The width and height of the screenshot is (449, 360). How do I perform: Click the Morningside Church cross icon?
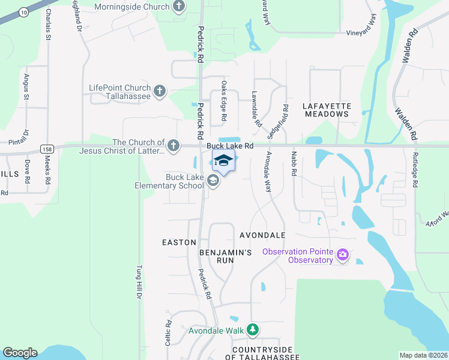click(x=178, y=7)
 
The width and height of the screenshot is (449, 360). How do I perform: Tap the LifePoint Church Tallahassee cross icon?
click(x=159, y=91)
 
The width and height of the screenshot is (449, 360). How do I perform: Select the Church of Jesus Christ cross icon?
click(x=173, y=145)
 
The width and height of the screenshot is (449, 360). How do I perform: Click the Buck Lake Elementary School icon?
click(x=212, y=181)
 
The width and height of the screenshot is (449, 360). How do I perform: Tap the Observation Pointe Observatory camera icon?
click(x=343, y=256)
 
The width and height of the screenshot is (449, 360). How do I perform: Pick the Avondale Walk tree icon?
click(x=253, y=330)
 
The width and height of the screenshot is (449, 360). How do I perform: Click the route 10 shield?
click(x=23, y=11)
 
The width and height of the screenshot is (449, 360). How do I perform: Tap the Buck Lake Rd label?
click(x=231, y=146)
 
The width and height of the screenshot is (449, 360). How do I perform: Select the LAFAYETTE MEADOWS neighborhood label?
click(x=327, y=110)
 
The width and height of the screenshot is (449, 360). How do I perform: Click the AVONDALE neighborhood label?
click(x=262, y=235)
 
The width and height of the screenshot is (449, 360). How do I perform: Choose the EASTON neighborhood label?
click(x=179, y=242)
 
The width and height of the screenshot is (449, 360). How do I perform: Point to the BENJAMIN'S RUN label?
click(x=225, y=253)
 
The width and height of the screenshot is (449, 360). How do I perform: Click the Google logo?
click(x=20, y=353)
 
